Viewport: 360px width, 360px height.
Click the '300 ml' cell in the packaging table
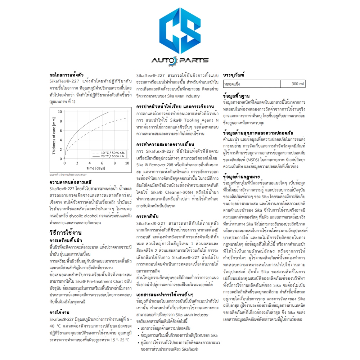click(x=298, y=84)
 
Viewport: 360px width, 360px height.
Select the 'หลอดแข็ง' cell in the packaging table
click(x=232, y=84)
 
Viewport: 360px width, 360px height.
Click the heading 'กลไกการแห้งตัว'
click(x=66, y=75)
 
